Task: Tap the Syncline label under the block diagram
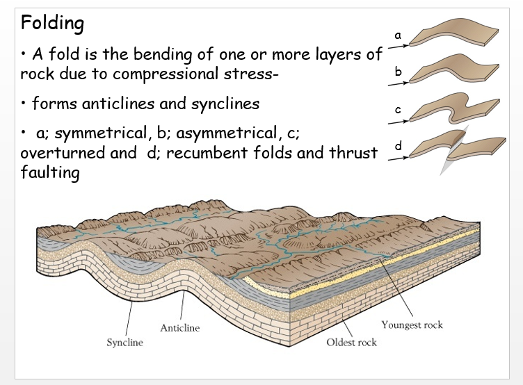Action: (124, 343)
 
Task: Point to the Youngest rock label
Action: (412, 325)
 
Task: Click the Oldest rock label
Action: (352, 342)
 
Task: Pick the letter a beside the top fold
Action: (398, 34)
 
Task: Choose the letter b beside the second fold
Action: (398, 71)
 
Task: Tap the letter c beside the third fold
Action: (398, 109)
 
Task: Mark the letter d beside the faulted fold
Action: (399, 146)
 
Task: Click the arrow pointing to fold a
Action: (398, 47)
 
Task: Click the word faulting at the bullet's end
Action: (50, 172)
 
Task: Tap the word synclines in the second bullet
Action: (218, 104)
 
